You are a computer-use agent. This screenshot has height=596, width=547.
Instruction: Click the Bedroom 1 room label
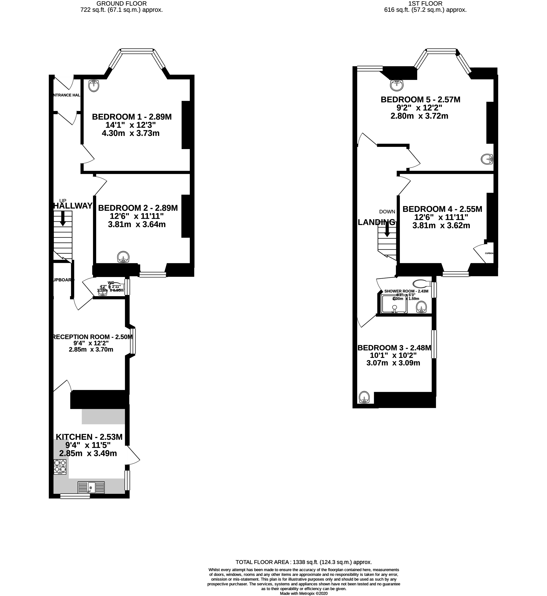(x=132, y=117)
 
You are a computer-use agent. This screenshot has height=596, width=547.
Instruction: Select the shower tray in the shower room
(x=394, y=304)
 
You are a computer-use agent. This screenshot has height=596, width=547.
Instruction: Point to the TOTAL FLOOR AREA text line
(x=303, y=562)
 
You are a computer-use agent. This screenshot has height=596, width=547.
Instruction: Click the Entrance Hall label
(x=66, y=95)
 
